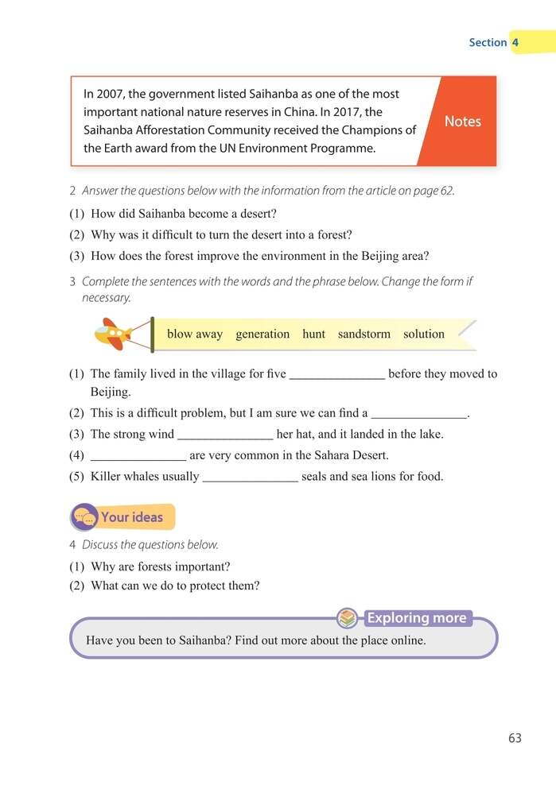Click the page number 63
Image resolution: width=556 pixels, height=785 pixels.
point(515,738)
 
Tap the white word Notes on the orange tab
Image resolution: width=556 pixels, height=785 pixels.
point(462,122)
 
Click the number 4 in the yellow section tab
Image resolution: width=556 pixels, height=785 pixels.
point(515,42)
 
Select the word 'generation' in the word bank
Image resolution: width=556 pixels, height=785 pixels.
point(262,334)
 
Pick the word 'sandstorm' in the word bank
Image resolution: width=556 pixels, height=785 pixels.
point(364,334)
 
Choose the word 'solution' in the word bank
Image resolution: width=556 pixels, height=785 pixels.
point(424,334)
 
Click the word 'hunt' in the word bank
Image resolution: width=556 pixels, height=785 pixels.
point(313,334)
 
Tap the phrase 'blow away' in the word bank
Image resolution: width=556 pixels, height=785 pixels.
point(195,334)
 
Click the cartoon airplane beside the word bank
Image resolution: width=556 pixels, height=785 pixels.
point(114,334)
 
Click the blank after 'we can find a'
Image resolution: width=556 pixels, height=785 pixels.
point(419,414)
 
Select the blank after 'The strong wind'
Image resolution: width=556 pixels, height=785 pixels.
point(225,435)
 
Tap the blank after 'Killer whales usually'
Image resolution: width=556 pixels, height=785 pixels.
point(251,478)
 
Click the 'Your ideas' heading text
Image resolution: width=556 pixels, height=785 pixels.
point(132,517)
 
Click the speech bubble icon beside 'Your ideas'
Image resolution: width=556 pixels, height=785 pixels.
point(85,518)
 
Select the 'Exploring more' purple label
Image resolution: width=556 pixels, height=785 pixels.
point(417,618)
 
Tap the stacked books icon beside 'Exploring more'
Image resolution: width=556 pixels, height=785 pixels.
point(347,617)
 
